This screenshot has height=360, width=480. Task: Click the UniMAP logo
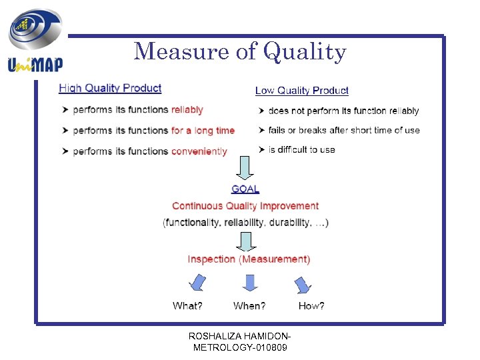(x=35, y=41)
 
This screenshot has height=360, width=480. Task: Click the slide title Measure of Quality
(x=240, y=51)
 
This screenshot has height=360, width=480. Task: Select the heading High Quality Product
(x=110, y=88)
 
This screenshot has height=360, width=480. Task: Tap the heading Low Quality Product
(x=302, y=91)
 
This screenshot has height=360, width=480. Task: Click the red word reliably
(x=187, y=110)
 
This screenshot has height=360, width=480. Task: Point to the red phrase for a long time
(x=203, y=131)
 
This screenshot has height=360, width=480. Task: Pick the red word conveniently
(x=199, y=151)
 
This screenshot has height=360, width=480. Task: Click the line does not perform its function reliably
(x=343, y=111)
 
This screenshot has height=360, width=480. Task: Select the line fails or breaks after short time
(x=344, y=130)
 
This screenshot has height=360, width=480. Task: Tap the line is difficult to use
(x=301, y=149)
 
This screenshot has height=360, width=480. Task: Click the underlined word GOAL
(x=245, y=189)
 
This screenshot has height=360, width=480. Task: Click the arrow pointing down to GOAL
(x=245, y=168)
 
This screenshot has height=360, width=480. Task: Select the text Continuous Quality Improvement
(x=245, y=206)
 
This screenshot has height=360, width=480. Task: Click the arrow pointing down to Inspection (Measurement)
(x=245, y=241)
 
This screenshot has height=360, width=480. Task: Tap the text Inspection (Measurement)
(x=249, y=259)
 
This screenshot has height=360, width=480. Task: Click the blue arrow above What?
(x=198, y=284)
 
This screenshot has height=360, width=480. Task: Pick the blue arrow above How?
(x=303, y=285)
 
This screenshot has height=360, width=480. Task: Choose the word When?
(x=249, y=306)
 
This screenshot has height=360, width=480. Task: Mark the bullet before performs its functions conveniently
(x=65, y=151)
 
